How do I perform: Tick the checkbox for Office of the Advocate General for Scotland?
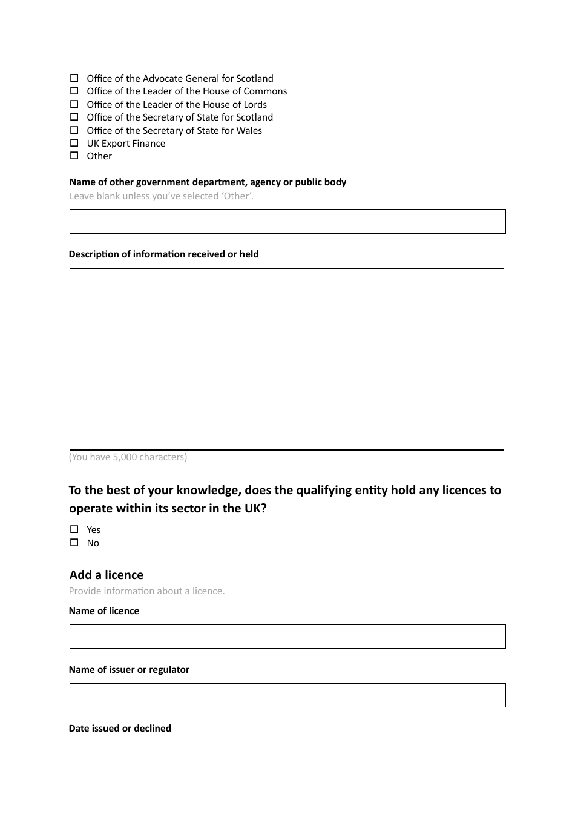click(74, 78)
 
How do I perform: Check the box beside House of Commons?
click(74, 91)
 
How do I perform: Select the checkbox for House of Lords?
click(74, 104)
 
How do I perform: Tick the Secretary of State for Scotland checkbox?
click(74, 117)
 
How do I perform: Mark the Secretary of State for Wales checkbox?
click(74, 130)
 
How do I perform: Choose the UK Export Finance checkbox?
click(74, 143)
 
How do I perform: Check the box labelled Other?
click(74, 156)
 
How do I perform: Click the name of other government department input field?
click(287, 222)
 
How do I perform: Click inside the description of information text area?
click(287, 359)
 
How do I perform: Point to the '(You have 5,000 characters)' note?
click(128, 457)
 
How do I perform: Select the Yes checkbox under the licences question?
click(74, 529)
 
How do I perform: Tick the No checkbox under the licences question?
click(74, 543)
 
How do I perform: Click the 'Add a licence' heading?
click(107, 575)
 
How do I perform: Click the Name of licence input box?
click(287, 637)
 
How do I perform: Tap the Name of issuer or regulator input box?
click(287, 695)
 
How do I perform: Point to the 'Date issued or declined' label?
click(120, 728)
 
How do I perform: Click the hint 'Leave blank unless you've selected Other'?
click(162, 196)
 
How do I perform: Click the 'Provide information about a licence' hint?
click(146, 591)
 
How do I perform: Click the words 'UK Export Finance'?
click(126, 144)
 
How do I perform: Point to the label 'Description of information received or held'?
click(163, 254)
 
